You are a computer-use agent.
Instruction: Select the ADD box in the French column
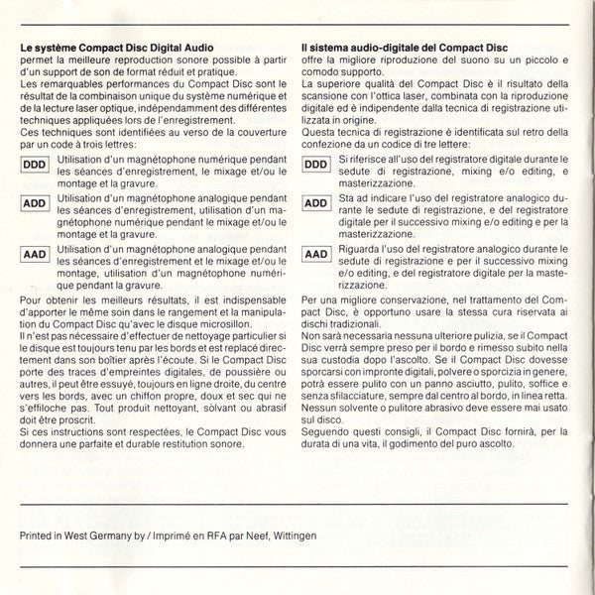34,204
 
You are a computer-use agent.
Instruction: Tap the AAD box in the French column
34,254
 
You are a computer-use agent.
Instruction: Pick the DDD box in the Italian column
316,164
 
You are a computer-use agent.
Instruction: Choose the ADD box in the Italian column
316,204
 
